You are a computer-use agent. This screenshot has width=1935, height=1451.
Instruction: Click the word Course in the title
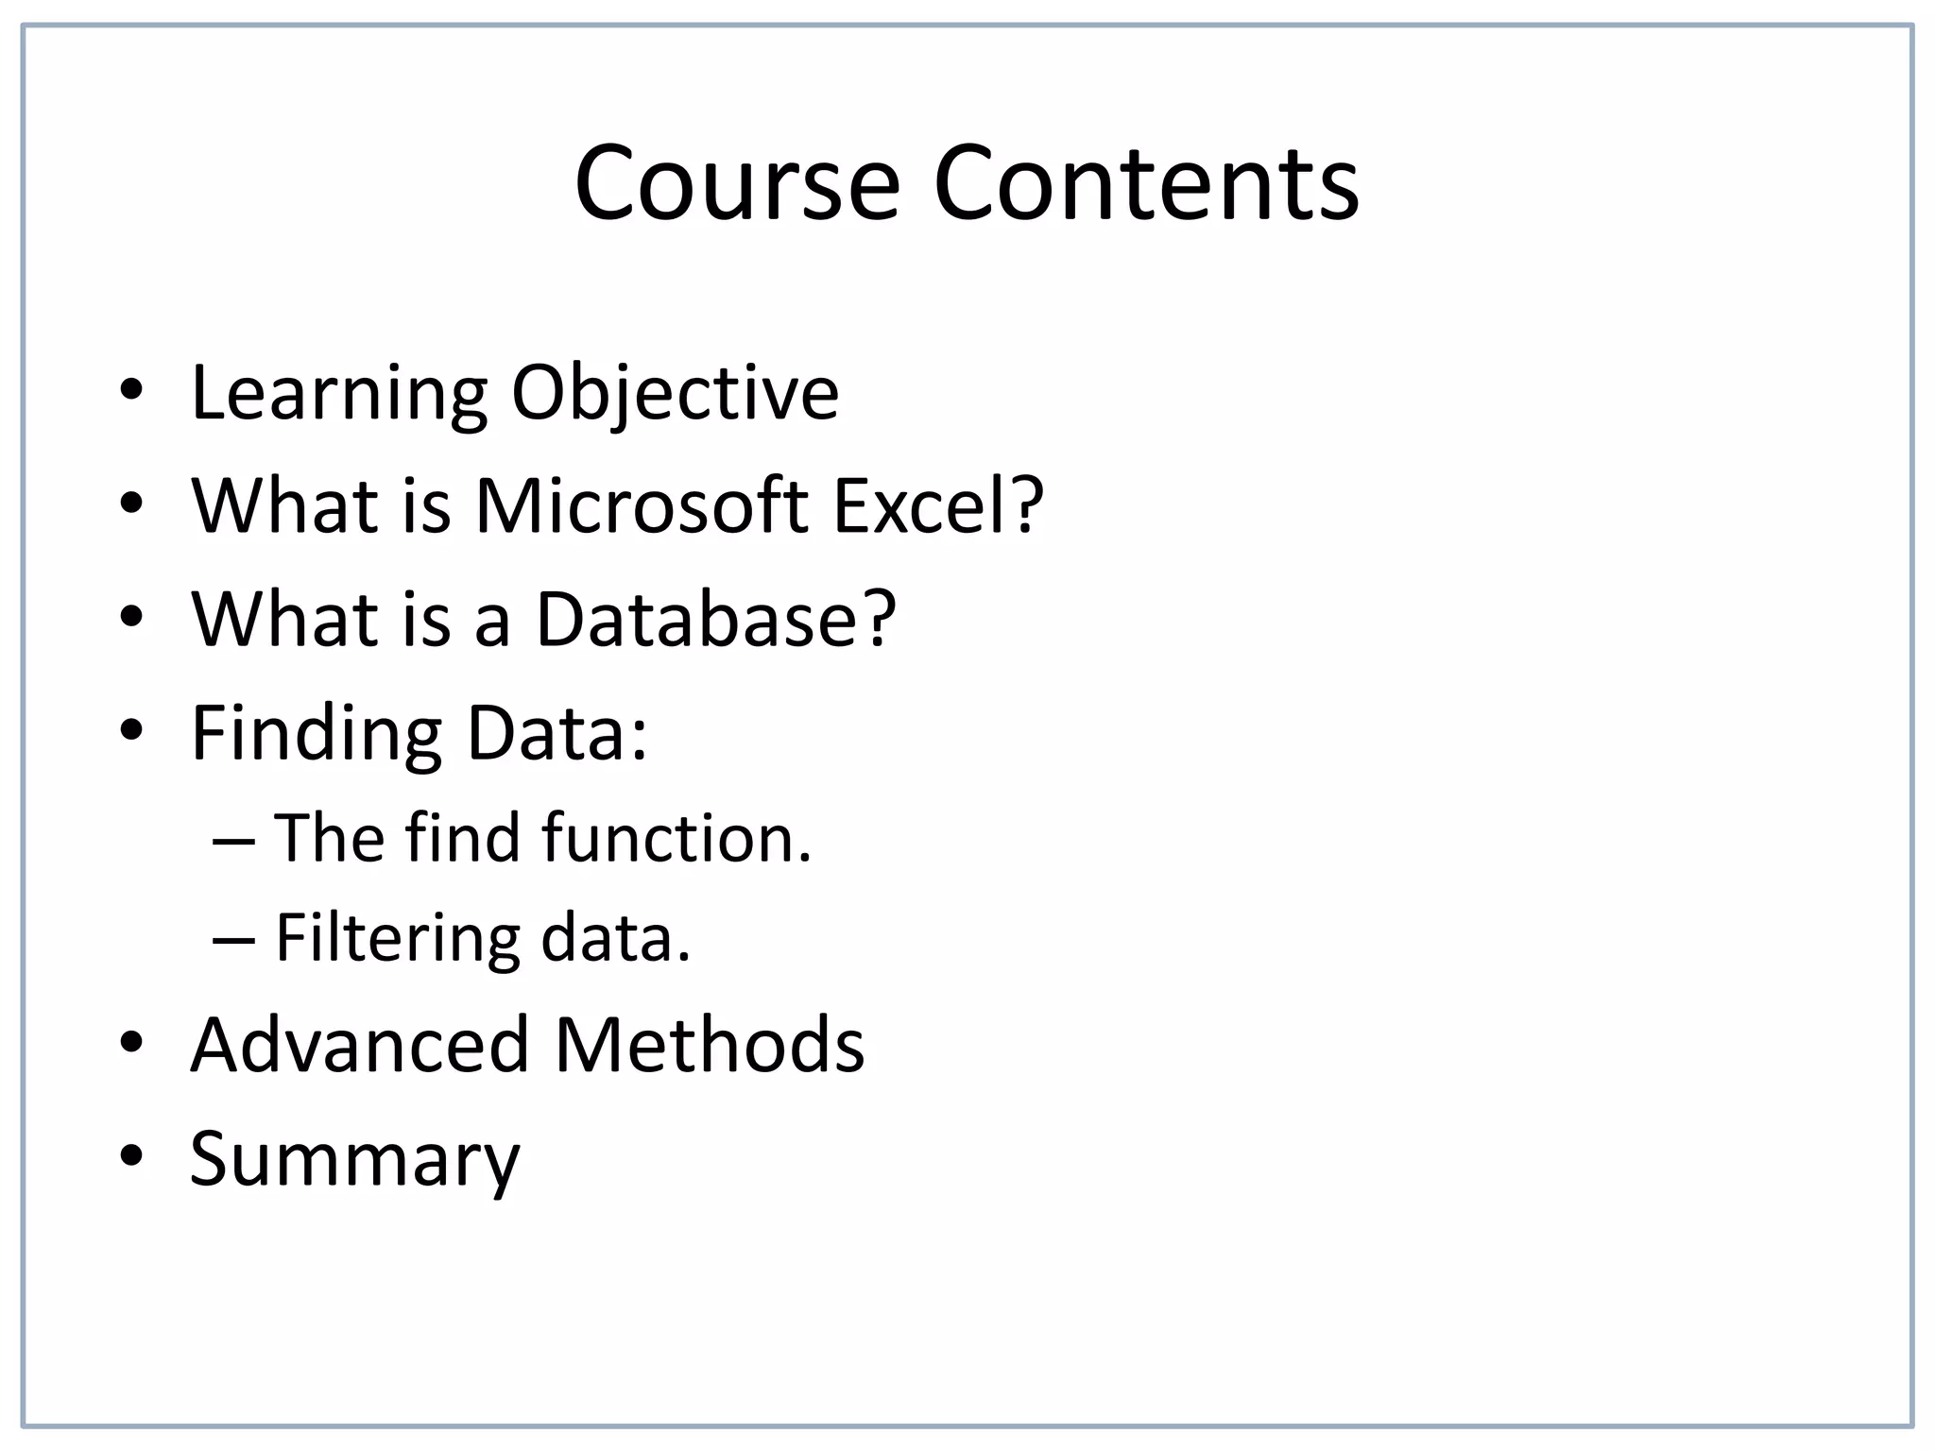(x=737, y=183)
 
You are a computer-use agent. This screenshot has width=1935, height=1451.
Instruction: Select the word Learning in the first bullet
(x=339, y=395)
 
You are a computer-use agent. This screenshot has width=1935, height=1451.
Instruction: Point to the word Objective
(x=675, y=395)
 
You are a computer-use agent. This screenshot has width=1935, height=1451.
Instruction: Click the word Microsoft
(x=642, y=506)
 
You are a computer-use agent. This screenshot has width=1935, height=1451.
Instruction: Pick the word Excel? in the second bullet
(x=938, y=506)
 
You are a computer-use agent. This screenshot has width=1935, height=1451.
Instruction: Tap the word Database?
(x=715, y=620)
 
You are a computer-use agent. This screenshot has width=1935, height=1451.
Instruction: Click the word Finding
(x=317, y=735)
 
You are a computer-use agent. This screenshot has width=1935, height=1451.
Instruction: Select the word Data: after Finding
(x=557, y=733)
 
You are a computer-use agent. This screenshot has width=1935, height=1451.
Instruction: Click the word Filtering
(x=397, y=940)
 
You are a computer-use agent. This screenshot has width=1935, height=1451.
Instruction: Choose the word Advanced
(x=360, y=1045)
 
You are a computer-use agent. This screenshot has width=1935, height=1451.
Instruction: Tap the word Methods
(x=709, y=1045)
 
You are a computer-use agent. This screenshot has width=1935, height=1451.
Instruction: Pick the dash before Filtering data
(x=233, y=939)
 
